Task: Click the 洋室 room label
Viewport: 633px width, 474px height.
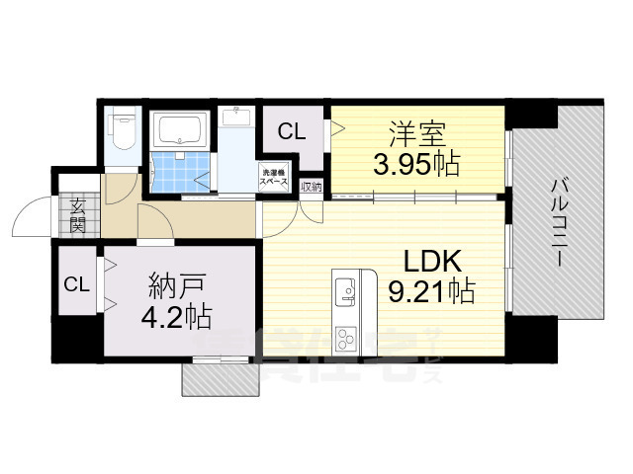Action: pyautogui.click(x=415, y=131)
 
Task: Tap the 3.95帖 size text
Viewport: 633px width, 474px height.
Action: pyautogui.click(x=415, y=163)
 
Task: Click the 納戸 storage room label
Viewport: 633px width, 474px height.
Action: pyautogui.click(x=177, y=287)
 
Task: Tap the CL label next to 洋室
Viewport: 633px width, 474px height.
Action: pyautogui.click(x=291, y=131)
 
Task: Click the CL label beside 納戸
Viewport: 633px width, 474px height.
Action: pyautogui.click(x=76, y=284)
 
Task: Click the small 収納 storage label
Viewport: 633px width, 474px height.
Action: pyautogui.click(x=311, y=186)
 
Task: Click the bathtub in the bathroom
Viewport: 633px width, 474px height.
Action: pyautogui.click(x=179, y=129)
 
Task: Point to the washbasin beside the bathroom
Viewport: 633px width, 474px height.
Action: pyautogui.click(x=237, y=118)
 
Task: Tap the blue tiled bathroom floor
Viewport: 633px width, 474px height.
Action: pyautogui.click(x=179, y=168)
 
